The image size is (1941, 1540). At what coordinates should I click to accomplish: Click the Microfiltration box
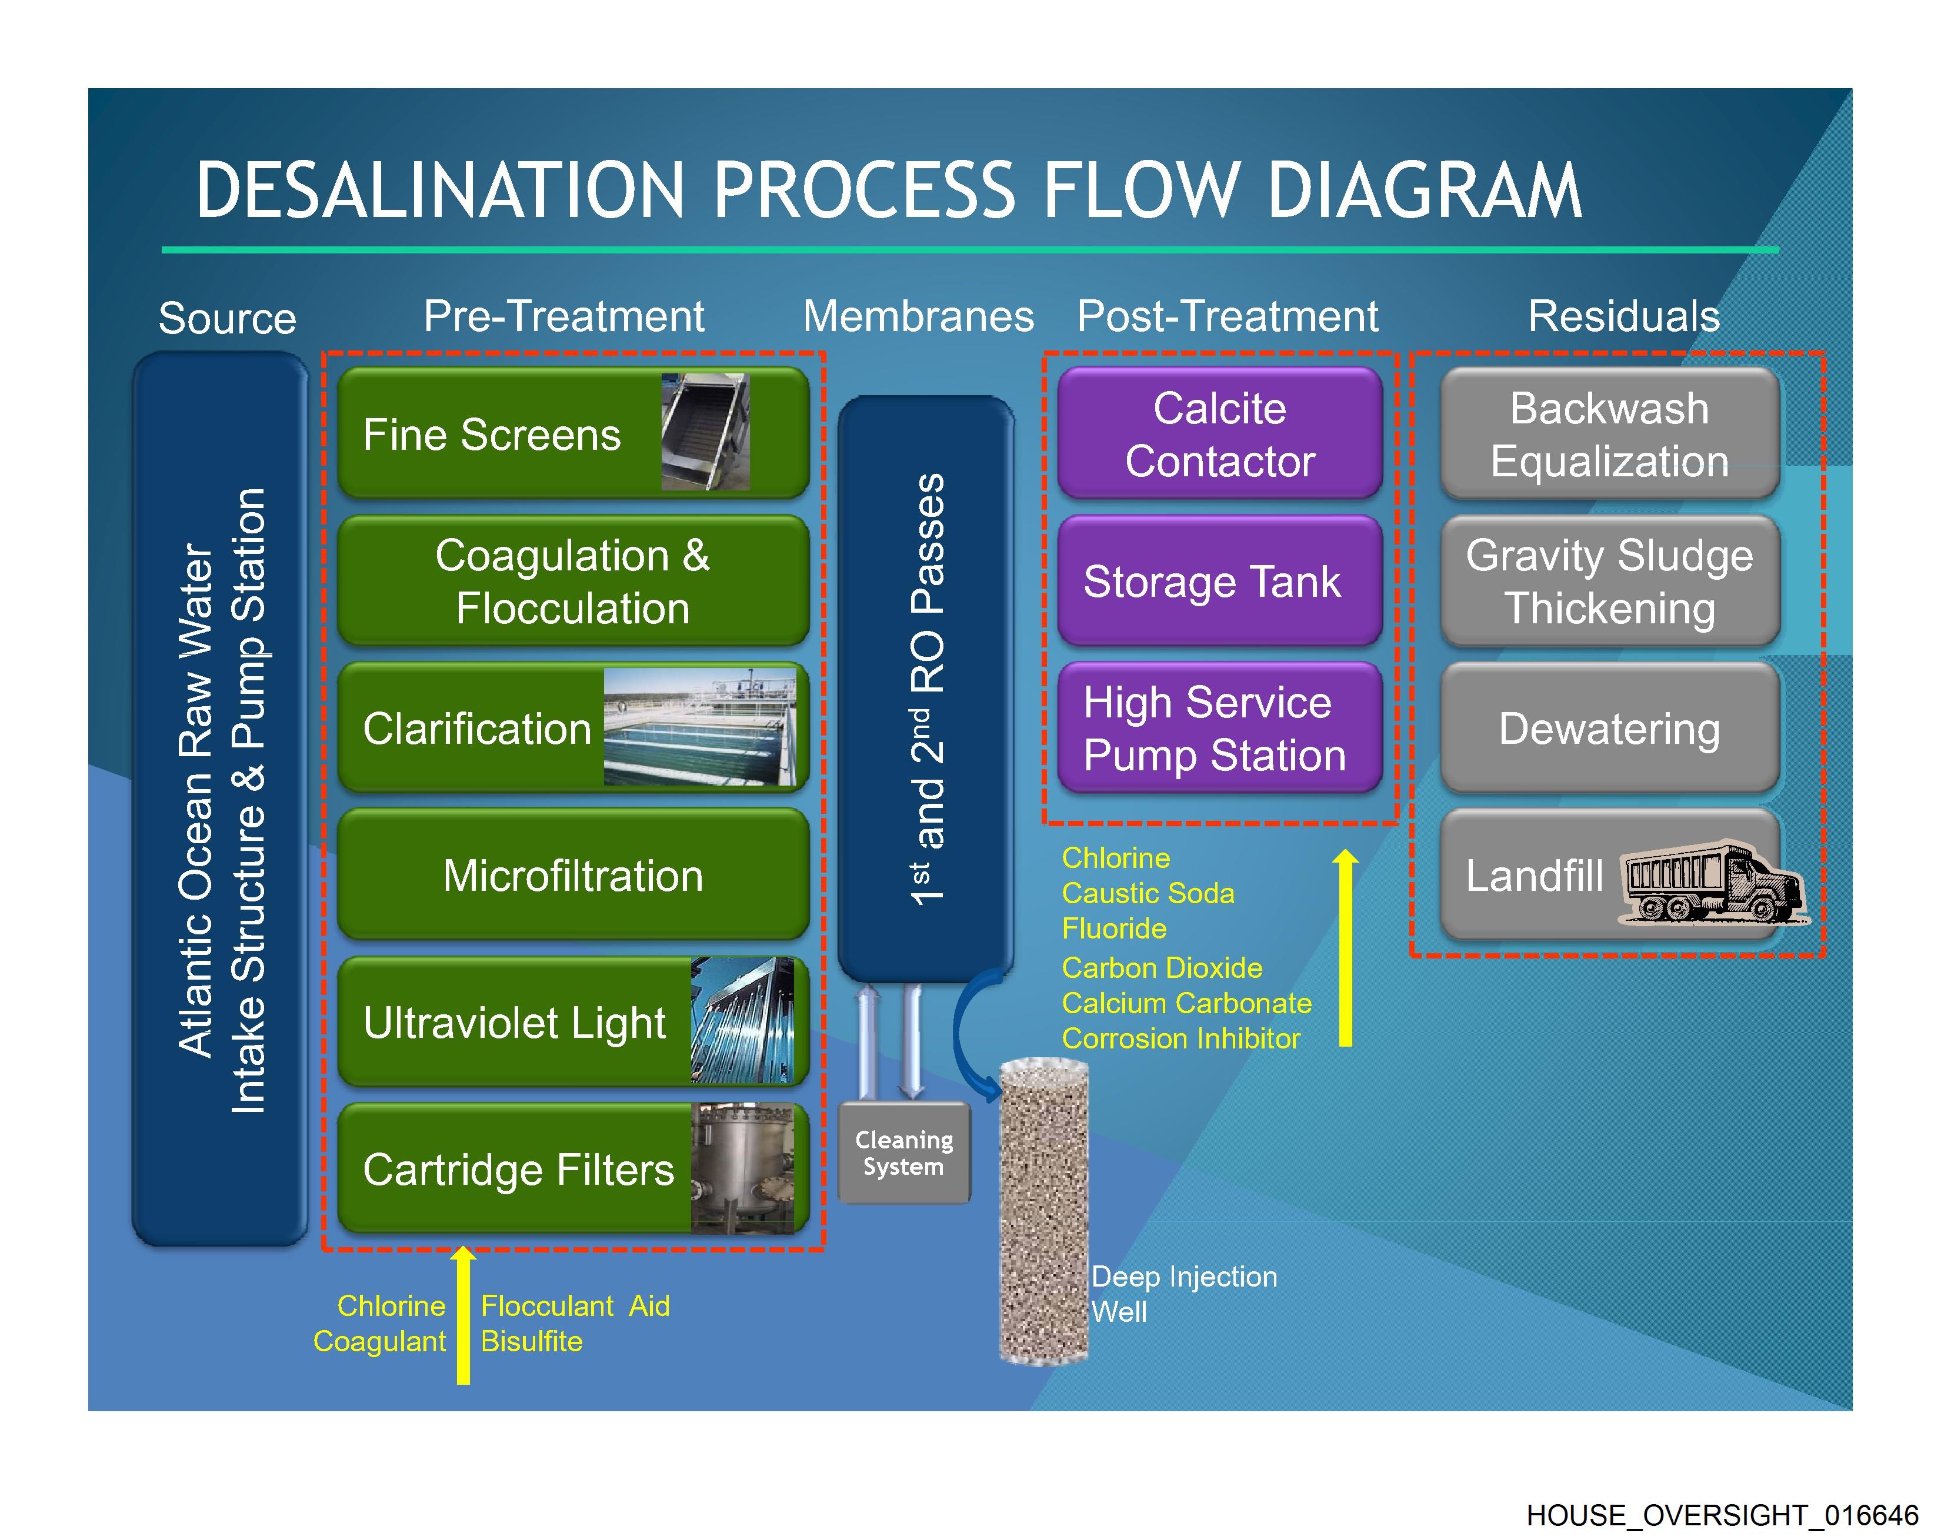point(572,875)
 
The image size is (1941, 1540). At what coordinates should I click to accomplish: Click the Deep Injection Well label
point(1183,1294)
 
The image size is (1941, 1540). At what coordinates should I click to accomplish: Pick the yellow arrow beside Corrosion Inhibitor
point(1345,950)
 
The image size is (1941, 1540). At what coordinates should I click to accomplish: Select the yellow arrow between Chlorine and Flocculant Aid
point(463,1315)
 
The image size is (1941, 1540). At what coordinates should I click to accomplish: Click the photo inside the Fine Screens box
point(705,432)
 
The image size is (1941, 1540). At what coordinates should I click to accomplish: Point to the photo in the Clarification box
point(699,728)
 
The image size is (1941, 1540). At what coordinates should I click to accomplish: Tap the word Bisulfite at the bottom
point(531,1341)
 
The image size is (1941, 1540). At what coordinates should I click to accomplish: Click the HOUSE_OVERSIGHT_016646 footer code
point(1722,1515)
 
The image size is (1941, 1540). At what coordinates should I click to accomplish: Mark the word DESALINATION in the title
point(440,191)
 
